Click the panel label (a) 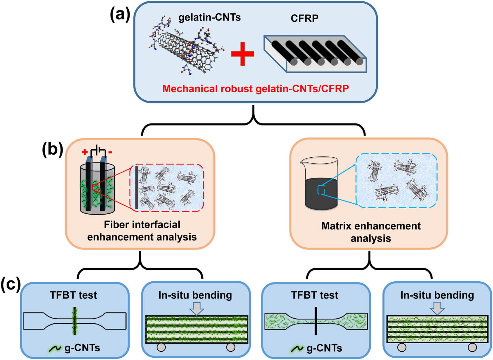120,15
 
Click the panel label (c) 10,284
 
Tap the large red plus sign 242,54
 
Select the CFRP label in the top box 304,18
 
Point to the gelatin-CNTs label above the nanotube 209,18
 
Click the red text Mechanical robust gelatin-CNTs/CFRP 255,89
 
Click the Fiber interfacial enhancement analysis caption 142,231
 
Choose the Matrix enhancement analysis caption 371,232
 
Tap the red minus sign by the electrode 110,153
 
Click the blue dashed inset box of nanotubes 396,181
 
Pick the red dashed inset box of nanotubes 167,188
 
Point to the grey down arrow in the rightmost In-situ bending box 437,308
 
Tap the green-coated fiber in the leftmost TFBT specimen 75,321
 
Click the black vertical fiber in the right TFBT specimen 315,321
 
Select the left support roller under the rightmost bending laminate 402,347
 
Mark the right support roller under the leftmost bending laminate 231,347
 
